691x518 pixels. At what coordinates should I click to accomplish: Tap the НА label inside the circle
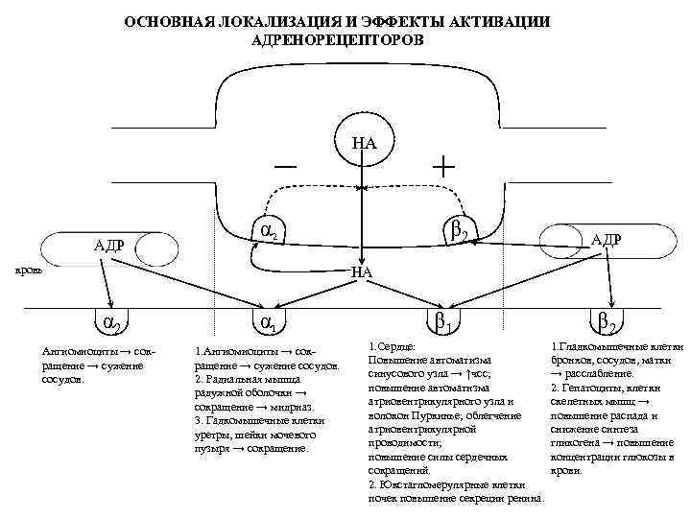365,144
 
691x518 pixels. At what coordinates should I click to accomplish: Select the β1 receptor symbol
442,325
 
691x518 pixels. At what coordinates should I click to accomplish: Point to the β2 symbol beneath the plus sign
458,231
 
